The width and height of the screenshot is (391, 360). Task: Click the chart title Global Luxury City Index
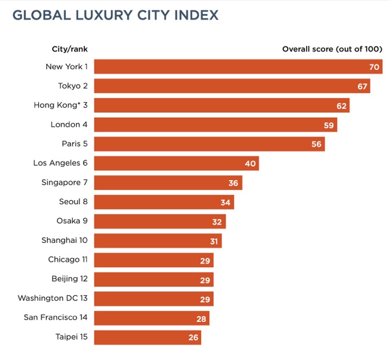pyautogui.click(x=116, y=15)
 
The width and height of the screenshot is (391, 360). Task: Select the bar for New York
pyautogui.click(x=231, y=67)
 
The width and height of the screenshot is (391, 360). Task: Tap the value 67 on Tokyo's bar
pyautogui.click(x=362, y=87)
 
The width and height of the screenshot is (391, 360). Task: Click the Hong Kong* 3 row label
pyautogui.click(x=61, y=106)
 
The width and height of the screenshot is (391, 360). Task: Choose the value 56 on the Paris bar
pyautogui.click(x=316, y=144)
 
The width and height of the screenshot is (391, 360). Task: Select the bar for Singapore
pyautogui.click(x=167, y=183)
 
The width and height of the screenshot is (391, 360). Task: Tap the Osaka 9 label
pyautogui.click(x=72, y=221)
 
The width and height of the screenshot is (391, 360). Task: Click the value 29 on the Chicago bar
pyautogui.click(x=205, y=261)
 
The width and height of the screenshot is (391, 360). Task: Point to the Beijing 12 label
pyautogui.click(x=69, y=279)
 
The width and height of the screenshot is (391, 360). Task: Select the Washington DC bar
pyautogui.click(x=153, y=299)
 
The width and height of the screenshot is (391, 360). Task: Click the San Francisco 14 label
pyautogui.click(x=56, y=317)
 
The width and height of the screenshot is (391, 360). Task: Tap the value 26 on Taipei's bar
pyautogui.click(x=193, y=337)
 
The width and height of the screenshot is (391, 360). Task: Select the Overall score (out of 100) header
pyautogui.click(x=332, y=49)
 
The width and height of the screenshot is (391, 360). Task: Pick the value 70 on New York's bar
pyautogui.click(x=374, y=67)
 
